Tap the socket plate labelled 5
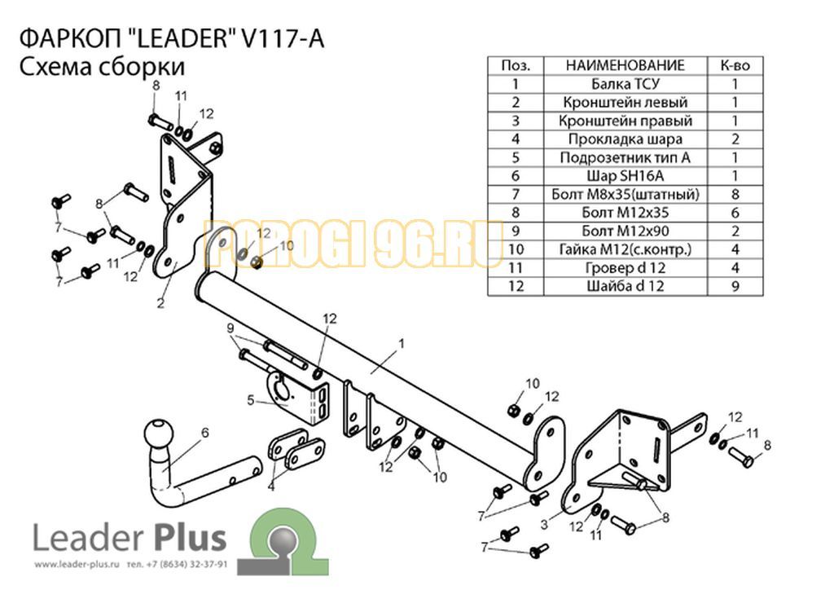click(298, 396)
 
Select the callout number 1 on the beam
click(402, 344)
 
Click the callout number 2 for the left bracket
click(160, 304)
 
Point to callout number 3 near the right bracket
click(544, 525)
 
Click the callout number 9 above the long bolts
click(230, 328)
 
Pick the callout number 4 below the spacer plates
click(271, 486)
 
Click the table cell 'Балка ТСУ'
click(625, 84)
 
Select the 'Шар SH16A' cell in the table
click(625, 176)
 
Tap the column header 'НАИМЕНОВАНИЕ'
click(625, 65)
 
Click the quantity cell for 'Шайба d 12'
click(735, 286)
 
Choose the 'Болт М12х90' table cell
click(625, 231)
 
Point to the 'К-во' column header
click(735, 65)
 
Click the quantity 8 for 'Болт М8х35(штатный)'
click(735, 194)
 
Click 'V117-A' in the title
click(283, 39)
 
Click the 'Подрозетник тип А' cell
click(625, 157)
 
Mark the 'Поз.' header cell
click(516, 65)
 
